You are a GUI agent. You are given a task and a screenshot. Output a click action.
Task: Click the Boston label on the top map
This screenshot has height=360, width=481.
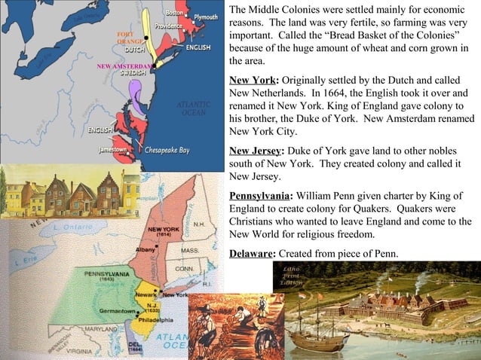(174, 12)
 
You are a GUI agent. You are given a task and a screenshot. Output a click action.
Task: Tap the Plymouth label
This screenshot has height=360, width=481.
(206, 17)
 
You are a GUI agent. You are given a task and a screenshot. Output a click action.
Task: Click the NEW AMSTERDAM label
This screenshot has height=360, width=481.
(124, 66)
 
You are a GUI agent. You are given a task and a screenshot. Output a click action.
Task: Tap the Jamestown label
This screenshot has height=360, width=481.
(112, 150)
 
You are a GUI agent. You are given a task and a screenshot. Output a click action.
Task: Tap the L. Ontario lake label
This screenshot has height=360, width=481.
(71, 227)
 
